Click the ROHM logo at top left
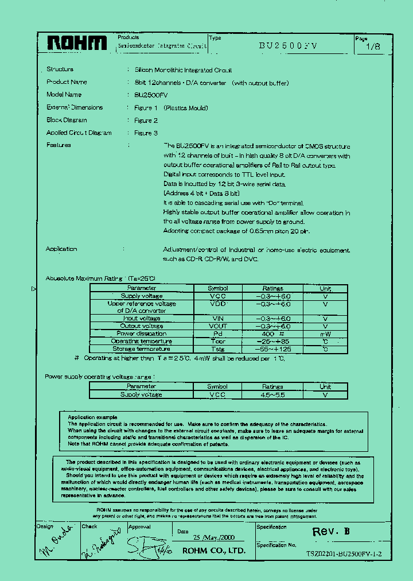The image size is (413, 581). pyautogui.click(x=76, y=44)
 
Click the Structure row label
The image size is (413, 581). pyautogui.click(x=60, y=69)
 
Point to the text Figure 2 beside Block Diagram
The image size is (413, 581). pyautogui.click(x=146, y=121)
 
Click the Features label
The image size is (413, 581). pyautogui.click(x=59, y=145)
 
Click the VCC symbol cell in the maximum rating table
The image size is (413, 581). pyautogui.click(x=218, y=296)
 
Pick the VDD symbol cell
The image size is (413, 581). pyautogui.click(x=218, y=304)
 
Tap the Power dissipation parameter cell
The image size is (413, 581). pyautogui.click(x=141, y=334)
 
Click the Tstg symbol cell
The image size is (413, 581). pyautogui.click(x=218, y=349)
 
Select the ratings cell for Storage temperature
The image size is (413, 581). pyautogui.click(x=273, y=349)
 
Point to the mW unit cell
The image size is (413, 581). pyautogui.click(x=325, y=334)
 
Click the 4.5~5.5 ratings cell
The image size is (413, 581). pyautogui.click(x=273, y=395)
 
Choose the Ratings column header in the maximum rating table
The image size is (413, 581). pyautogui.click(x=273, y=288)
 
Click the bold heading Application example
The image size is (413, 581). pyautogui.click(x=92, y=417)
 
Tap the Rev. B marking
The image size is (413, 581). pyautogui.click(x=330, y=532)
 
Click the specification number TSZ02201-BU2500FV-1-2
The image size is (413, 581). pyautogui.click(x=344, y=555)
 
